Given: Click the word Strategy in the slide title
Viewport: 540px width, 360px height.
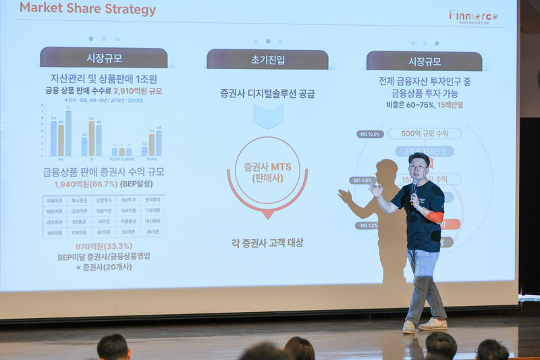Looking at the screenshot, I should tap(128, 9).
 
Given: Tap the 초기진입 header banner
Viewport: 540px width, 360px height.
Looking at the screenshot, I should tap(267, 59).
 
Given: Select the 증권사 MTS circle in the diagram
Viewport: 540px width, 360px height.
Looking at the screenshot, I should tap(267, 172).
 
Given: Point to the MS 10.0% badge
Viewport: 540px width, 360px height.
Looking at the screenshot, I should tap(370, 134).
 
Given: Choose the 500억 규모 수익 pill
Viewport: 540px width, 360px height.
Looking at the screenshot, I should tap(425, 133).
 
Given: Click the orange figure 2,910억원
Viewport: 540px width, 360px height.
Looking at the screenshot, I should tap(132, 91).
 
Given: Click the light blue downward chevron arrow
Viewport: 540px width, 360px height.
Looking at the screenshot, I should tap(268, 115).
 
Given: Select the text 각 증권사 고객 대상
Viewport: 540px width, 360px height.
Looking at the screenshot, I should tap(267, 242).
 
